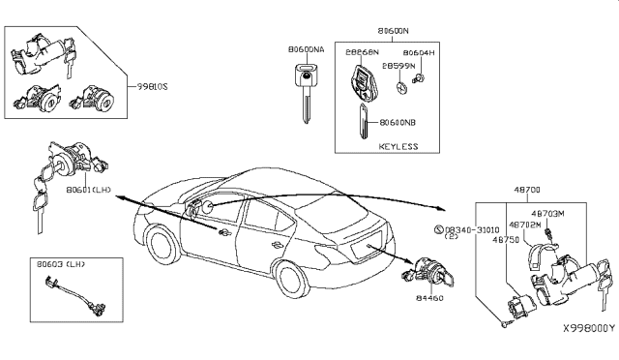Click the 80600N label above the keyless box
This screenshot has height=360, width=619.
click(x=393, y=31)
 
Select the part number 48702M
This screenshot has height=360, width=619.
click(x=523, y=224)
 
